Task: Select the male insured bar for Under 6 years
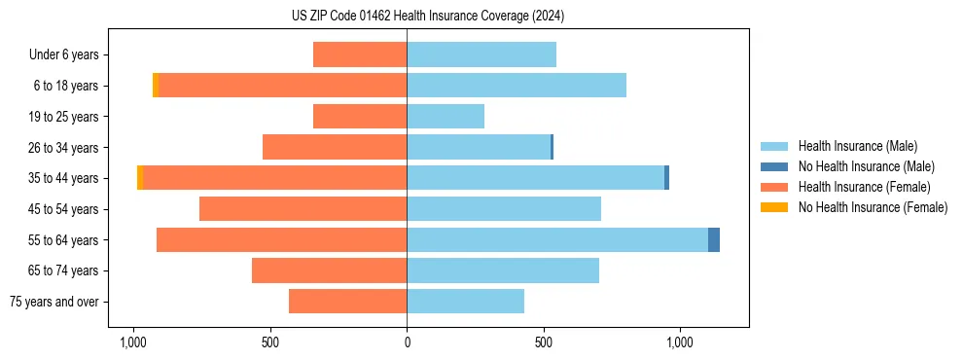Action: click(481, 54)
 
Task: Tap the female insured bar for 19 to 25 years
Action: click(360, 117)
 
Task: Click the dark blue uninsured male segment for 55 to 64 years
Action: click(714, 239)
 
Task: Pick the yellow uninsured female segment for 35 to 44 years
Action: click(140, 178)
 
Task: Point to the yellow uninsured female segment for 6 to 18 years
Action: click(156, 86)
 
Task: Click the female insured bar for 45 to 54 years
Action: click(303, 209)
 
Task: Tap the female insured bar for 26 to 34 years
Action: click(335, 147)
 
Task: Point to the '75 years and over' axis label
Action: click(54, 302)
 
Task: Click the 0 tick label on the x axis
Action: click(407, 342)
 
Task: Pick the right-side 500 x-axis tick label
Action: click(544, 342)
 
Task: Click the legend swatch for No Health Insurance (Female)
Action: click(775, 207)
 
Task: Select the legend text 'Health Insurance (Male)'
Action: click(858, 146)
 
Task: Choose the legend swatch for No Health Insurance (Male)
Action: click(775, 166)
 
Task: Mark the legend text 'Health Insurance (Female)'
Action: click(865, 187)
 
